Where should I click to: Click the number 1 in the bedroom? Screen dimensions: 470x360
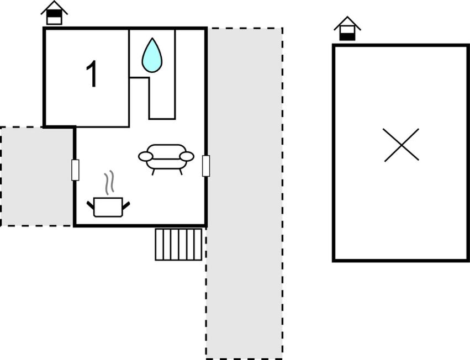tap(92, 74)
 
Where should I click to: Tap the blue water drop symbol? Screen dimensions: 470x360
tap(152, 56)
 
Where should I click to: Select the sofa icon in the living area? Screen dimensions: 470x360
tap(166, 160)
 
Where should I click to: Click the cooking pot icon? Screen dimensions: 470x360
tap(108, 207)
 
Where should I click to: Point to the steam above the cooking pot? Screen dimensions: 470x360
tap(110, 182)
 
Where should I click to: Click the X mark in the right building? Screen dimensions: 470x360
tap(401, 145)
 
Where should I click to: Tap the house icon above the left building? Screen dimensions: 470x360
tap(54, 13)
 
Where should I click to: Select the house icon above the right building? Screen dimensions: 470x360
tap(347, 29)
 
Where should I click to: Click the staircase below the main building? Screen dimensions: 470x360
tap(178, 244)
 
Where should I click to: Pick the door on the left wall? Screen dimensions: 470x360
tap(75, 170)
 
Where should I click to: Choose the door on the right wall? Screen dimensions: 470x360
tap(206, 166)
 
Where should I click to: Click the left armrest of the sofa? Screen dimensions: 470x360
tap(146, 156)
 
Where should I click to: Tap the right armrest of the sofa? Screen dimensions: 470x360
tap(187, 156)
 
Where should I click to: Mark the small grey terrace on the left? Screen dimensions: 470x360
tap(37, 176)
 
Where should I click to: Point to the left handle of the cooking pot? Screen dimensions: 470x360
tap(90, 205)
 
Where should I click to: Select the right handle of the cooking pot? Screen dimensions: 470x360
tap(126, 205)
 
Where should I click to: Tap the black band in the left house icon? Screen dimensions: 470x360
tap(54, 14)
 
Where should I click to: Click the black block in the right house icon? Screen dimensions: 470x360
tap(347, 36)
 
